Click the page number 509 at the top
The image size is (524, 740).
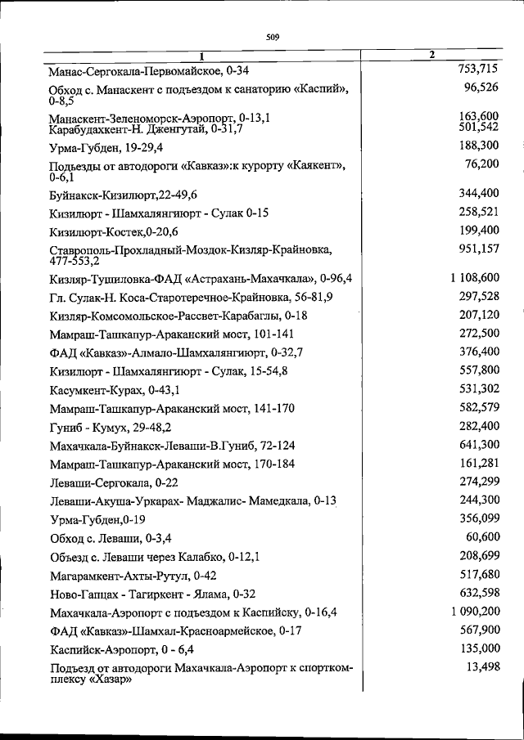[273, 34]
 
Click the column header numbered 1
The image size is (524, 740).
[200, 56]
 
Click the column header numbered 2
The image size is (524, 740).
[431, 55]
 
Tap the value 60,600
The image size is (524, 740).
[482, 537]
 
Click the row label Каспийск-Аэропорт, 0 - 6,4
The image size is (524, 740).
[121, 649]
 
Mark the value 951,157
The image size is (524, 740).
[480, 249]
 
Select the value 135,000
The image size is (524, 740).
[480, 648]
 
